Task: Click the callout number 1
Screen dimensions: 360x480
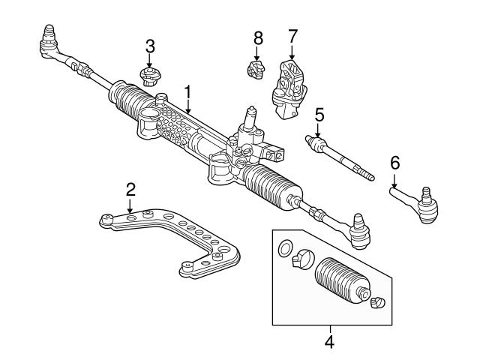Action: [x=188, y=93]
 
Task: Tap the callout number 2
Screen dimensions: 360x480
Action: [x=130, y=188]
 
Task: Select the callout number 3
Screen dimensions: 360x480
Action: [x=150, y=46]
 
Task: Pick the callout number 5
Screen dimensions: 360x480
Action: [x=319, y=115]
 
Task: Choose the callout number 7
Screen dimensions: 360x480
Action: [x=292, y=36]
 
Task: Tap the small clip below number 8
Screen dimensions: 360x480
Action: [x=256, y=69]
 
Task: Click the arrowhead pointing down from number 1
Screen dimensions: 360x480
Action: [x=188, y=112]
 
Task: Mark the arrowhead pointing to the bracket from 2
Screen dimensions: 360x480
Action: [x=130, y=211]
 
